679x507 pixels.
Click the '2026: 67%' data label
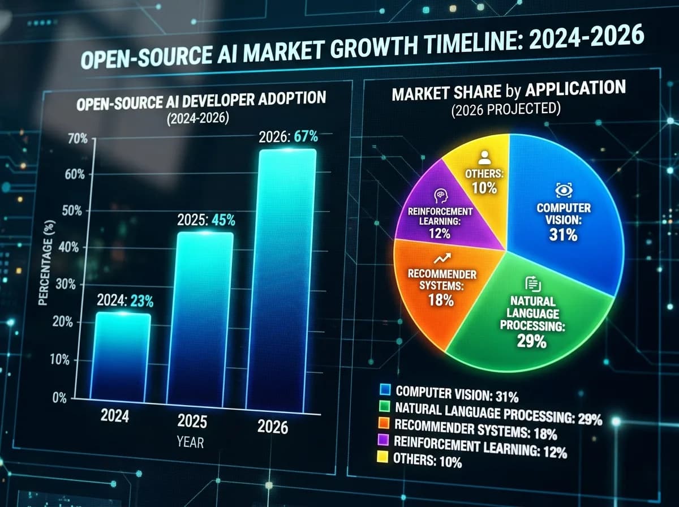click(289, 137)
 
